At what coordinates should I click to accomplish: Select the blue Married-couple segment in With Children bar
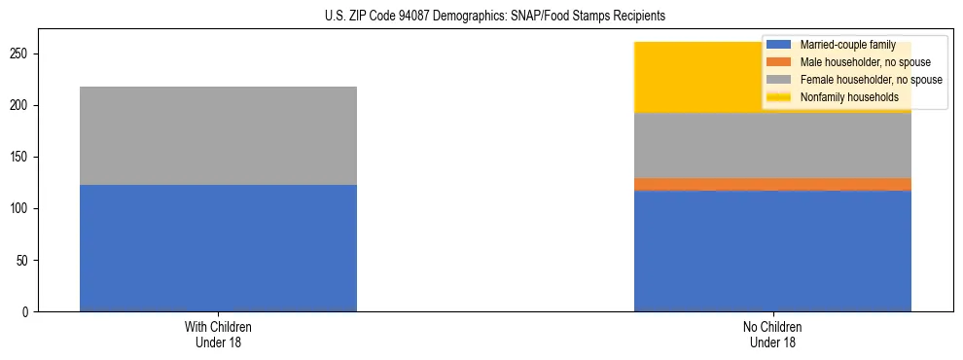[218, 248]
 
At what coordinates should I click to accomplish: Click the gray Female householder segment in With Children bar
[218, 135]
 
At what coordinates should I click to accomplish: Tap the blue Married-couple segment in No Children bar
[772, 251]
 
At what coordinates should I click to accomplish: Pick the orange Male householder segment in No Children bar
[772, 184]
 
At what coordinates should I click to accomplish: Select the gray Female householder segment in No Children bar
[772, 146]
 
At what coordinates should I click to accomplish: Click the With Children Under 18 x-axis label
[218, 335]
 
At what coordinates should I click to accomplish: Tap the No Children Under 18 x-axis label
[772, 335]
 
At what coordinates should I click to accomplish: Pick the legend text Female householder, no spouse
[871, 80]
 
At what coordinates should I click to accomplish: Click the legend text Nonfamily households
[849, 97]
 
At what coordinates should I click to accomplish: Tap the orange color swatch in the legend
[779, 62]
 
